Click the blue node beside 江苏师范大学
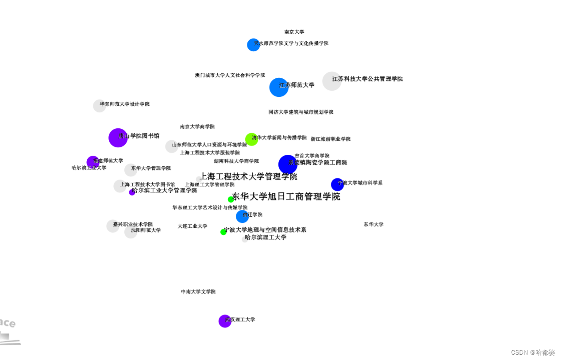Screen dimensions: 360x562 [279, 87]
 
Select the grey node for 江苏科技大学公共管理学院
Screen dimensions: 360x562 [332, 81]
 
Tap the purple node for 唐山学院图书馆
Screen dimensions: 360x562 [118, 138]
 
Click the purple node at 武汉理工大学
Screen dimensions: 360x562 [225, 321]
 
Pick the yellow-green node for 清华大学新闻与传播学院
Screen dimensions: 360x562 [251, 139]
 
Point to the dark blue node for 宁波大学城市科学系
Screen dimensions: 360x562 [337, 184]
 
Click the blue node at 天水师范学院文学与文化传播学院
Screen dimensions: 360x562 [253, 45]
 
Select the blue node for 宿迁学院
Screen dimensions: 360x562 [242, 216]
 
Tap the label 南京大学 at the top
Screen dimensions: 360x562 [294, 32]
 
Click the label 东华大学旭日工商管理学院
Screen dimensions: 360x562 [286, 196]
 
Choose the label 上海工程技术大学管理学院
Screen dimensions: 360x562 [248, 176]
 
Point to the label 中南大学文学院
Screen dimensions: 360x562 [198, 291]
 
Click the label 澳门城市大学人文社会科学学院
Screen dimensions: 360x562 [230, 75]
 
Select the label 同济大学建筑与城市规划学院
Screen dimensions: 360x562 [301, 112]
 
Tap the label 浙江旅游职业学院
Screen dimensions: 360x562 [331, 139]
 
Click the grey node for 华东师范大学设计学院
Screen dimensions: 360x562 [99, 106]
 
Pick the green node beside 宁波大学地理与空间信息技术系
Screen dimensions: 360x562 [223, 232]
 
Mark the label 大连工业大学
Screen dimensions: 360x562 [192, 226]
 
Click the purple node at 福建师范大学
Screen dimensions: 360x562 [92, 162]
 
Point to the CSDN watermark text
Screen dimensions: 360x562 [533, 352]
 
